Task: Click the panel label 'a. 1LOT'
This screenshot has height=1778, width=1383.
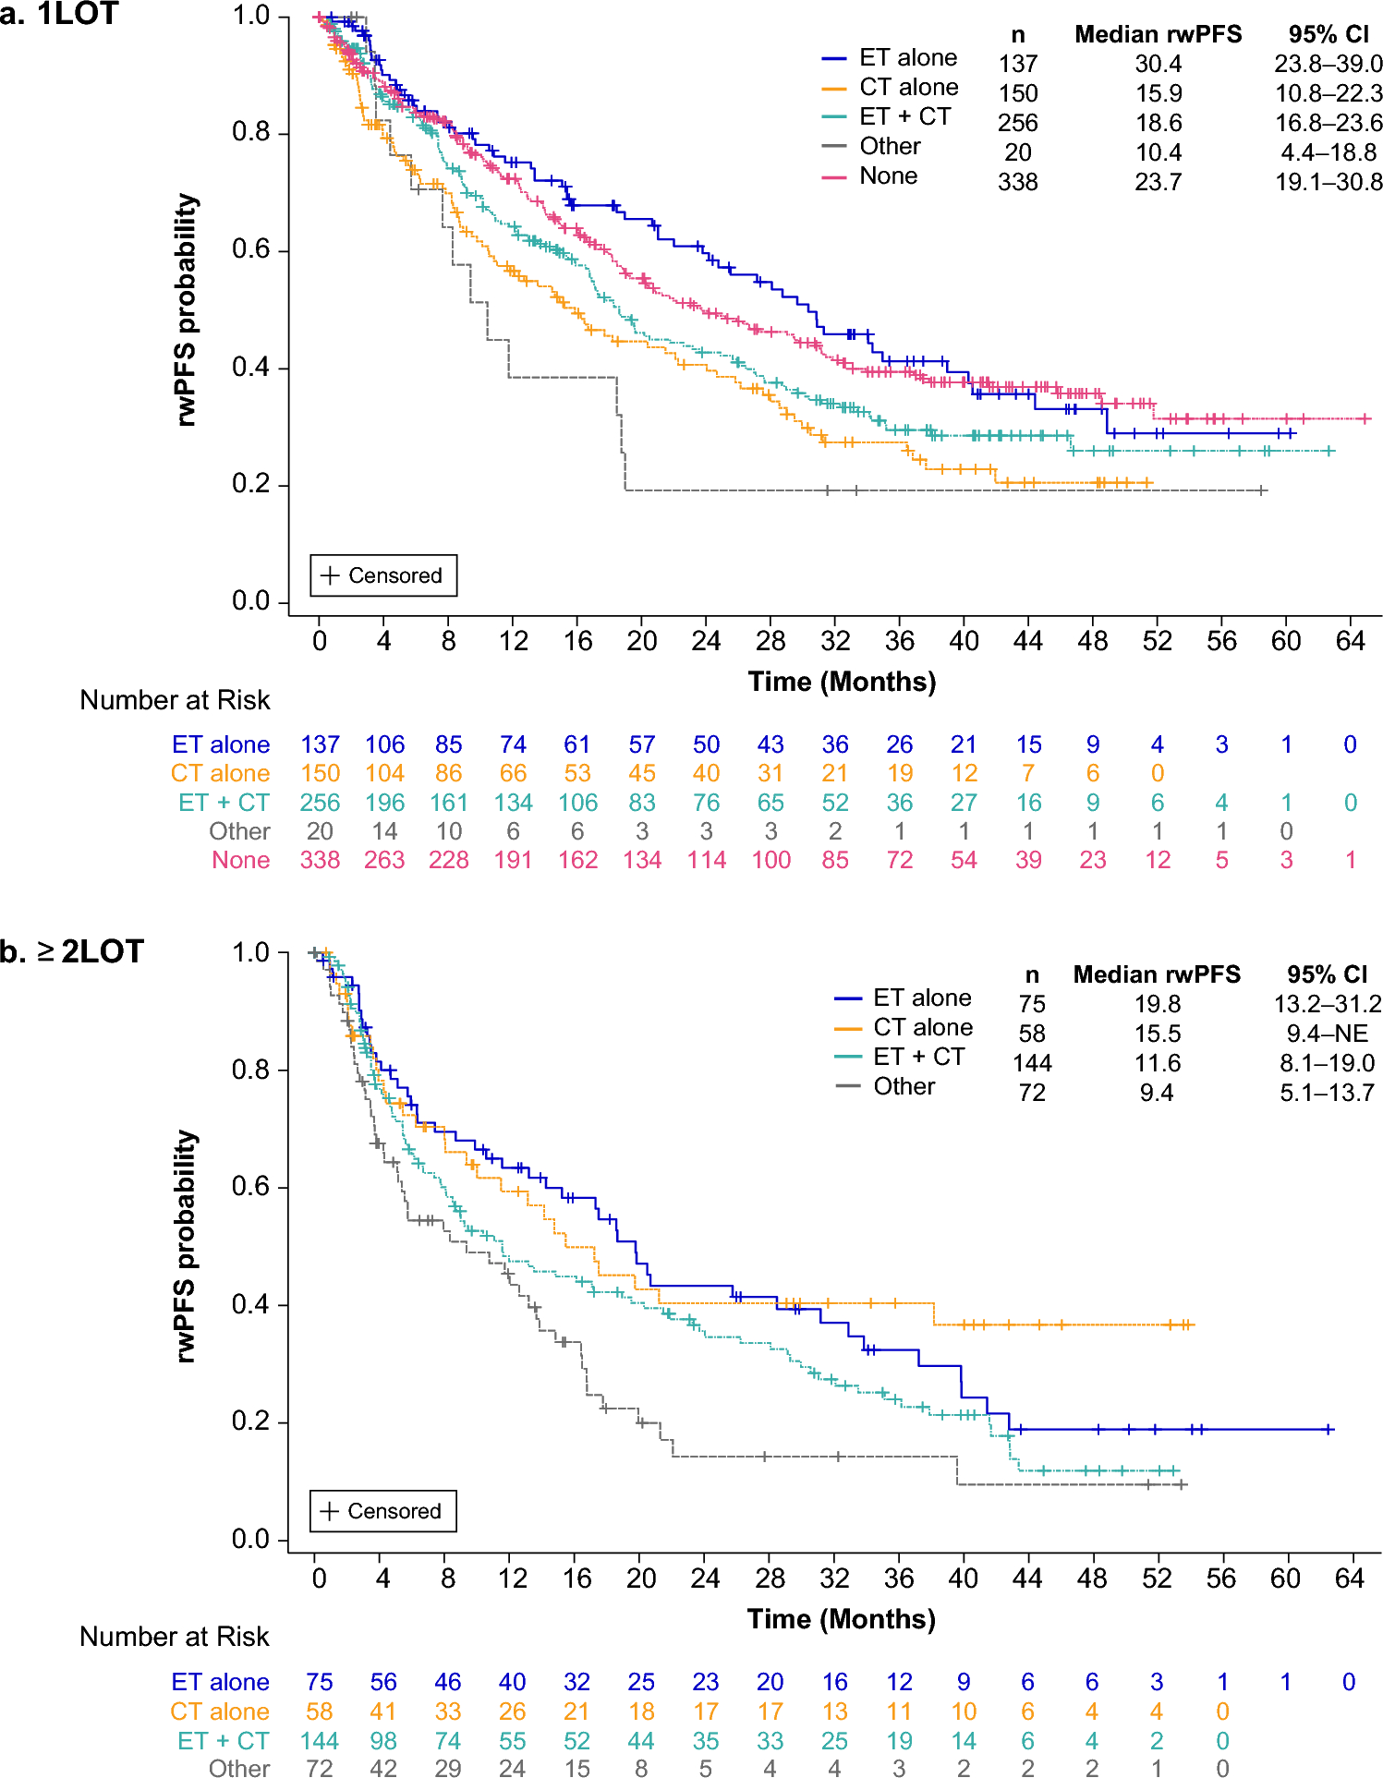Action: [60, 14]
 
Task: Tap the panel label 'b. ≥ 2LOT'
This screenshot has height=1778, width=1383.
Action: [72, 951]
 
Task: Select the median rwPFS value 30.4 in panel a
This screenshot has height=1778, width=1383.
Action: [1158, 64]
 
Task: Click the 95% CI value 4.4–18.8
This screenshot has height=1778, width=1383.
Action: [1328, 152]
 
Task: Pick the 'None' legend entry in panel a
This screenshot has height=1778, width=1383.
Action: [888, 175]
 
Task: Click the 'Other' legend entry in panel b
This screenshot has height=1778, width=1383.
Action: [904, 1086]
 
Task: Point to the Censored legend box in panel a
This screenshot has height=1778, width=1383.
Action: [383, 575]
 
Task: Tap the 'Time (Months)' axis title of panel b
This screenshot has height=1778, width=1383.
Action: [841, 1618]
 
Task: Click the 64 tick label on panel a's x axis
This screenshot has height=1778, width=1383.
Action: [1350, 641]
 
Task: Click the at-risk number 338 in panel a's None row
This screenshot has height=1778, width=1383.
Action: [320, 860]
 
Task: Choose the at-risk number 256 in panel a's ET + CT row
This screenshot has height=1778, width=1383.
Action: [320, 803]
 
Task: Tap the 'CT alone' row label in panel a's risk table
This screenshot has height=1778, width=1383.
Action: [220, 773]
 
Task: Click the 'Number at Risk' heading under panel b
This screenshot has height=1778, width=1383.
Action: [175, 1636]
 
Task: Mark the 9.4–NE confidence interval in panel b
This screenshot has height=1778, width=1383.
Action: [1327, 1034]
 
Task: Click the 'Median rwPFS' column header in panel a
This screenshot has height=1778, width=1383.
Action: [1158, 35]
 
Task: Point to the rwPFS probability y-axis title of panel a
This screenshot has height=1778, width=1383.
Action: [188, 309]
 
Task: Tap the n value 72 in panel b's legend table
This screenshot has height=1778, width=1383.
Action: [1032, 1093]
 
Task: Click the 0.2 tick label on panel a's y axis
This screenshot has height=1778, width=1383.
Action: [250, 485]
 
